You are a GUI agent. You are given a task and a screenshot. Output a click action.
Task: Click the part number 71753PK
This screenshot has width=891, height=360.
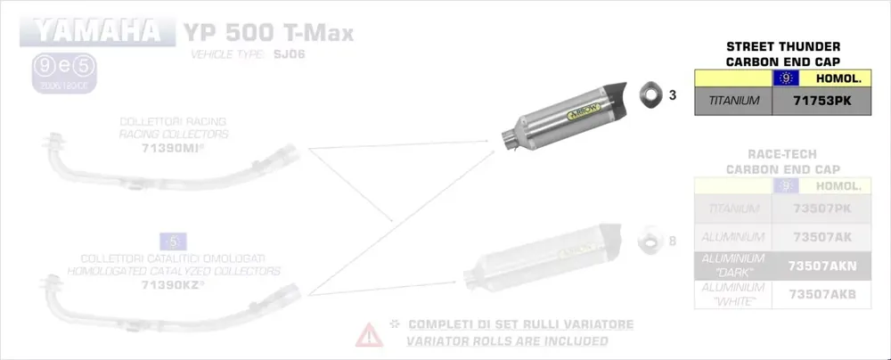point(822,102)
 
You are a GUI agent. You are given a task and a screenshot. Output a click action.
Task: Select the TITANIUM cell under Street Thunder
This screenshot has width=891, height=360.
point(733,102)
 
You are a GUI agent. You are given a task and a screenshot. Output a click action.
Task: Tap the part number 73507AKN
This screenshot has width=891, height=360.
point(822,265)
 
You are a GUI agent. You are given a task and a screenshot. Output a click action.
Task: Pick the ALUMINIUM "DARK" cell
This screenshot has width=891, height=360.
point(733,265)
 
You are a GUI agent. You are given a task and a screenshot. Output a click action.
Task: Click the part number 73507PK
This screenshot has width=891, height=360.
point(822,209)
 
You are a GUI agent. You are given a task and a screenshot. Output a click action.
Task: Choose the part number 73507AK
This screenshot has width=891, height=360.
point(822,237)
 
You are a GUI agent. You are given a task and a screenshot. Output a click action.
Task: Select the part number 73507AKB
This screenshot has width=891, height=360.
point(822,294)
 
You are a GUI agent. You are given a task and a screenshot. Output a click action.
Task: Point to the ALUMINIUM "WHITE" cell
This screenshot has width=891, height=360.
point(733,294)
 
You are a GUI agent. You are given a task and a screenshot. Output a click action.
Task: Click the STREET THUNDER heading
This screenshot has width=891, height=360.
point(783,46)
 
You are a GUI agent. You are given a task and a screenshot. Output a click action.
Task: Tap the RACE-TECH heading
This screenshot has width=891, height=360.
point(783,154)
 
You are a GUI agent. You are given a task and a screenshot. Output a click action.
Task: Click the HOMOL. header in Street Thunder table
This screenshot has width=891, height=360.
point(837,79)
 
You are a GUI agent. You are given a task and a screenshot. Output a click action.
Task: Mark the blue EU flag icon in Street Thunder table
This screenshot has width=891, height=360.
point(786,79)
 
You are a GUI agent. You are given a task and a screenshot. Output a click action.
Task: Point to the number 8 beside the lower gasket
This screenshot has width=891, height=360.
point(673,241)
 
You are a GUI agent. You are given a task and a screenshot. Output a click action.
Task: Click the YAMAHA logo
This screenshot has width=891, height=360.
point(96,33)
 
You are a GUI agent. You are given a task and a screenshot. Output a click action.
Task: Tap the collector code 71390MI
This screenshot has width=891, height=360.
point(173,147)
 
